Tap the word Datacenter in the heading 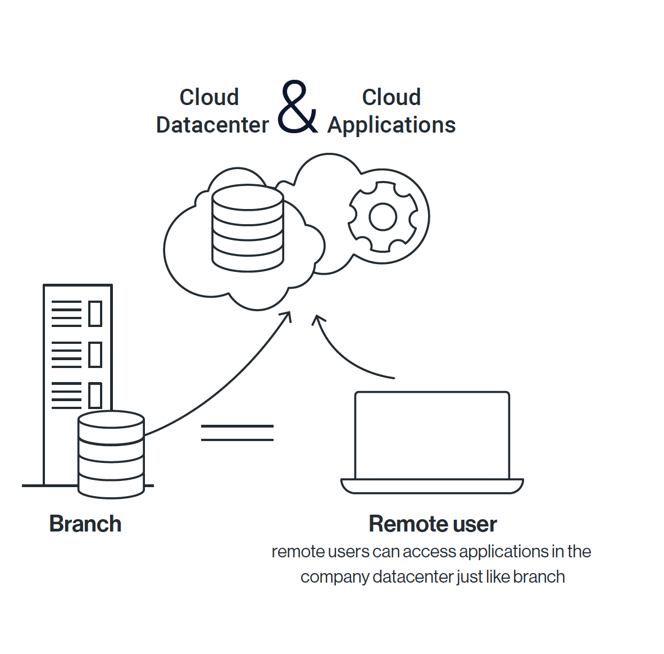[x=212, y=125]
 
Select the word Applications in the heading [x=392, y=125]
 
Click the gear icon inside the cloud [x=383, y=216]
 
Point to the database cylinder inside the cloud [x=248, y=228]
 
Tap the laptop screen [x=432, y=435]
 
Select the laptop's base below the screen [x=432, y=486]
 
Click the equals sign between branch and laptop [x=237, y=433]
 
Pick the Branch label [x=85, y=524]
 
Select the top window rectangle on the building [x=95, y=314]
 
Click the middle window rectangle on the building [x=95, y=354]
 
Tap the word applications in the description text [x=503, y=552]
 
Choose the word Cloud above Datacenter [x=209, y=97]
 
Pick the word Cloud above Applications [x=392, y=97]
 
